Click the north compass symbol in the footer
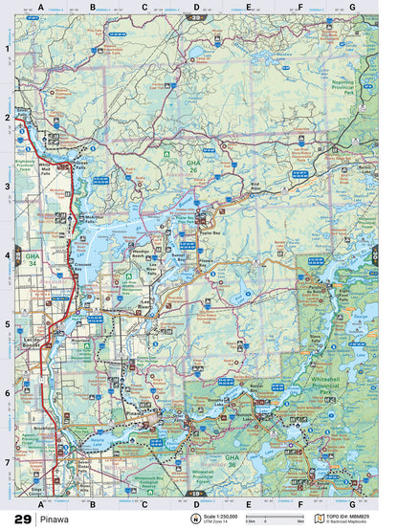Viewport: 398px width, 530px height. pos(195,519)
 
